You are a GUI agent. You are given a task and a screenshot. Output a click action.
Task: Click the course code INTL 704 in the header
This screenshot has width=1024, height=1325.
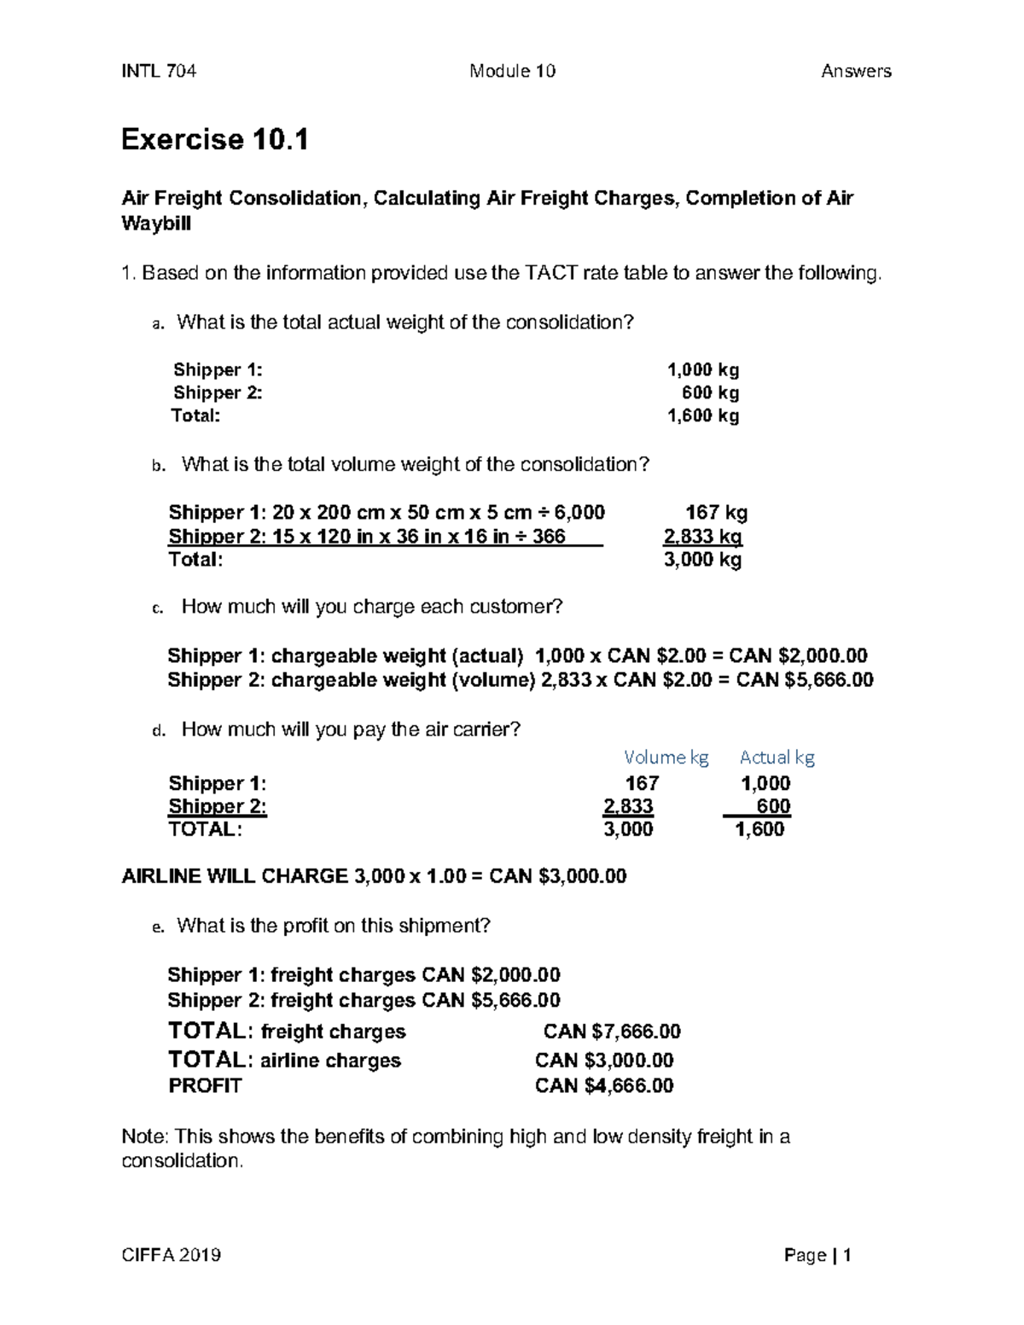pos(159,71)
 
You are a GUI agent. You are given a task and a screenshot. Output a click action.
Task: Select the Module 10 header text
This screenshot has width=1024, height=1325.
pos(512,71)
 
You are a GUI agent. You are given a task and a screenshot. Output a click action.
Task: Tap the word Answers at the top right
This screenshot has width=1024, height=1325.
pos(856,71)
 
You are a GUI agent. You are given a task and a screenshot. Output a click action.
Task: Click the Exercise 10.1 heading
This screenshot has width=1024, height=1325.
pos(214,139)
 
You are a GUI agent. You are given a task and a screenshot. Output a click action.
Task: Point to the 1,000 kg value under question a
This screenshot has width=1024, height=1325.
pos(702,369)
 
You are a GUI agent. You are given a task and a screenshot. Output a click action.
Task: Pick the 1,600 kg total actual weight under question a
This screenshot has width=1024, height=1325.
pos(702,416)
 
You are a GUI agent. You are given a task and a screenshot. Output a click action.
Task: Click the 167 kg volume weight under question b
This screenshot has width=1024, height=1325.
pos(716,512)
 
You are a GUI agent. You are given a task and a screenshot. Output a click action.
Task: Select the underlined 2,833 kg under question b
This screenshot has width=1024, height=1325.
pos(702,537)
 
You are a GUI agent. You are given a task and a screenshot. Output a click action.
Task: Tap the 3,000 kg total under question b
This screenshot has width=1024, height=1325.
pos(702,560)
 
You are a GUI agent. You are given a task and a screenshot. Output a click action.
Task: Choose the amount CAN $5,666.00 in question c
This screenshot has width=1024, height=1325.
pos(805,679)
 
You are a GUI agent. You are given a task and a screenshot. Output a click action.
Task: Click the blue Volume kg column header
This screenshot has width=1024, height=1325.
pos(666,757)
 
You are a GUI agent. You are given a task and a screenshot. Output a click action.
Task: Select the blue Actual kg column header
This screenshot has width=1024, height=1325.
pos(777,757)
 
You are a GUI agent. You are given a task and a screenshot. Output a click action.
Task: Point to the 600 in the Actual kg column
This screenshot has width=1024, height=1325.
pos(773,806)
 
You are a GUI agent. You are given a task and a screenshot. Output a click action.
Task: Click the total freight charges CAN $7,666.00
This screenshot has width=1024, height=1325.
pos(612,1032)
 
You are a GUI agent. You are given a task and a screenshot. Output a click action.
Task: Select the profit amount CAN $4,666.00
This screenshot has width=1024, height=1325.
pos(604,1085)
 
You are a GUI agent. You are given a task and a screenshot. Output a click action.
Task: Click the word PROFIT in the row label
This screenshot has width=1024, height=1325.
pos(205,1085)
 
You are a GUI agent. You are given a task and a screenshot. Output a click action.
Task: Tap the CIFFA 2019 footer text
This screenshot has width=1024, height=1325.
pos(172,1255)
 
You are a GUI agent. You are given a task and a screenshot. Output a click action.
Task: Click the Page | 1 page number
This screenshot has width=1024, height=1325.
pos(817,1255)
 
